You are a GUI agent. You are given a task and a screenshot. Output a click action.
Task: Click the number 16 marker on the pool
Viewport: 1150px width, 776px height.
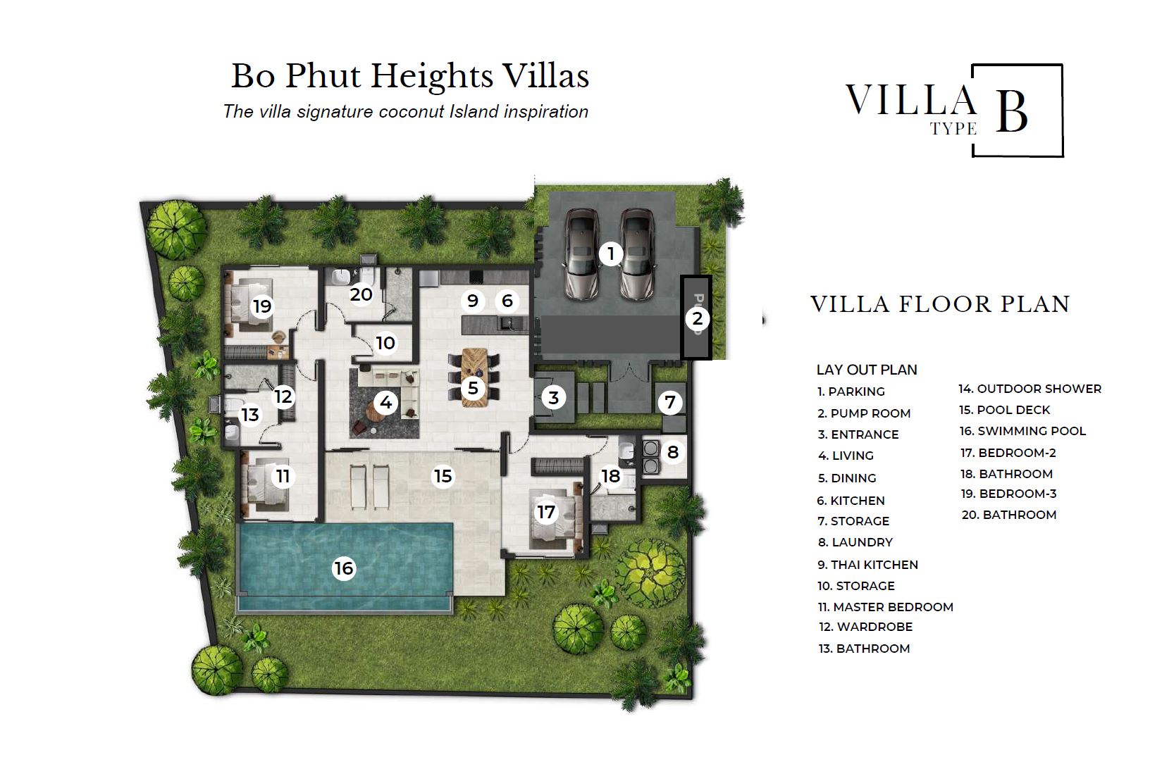click(x=343, y=568)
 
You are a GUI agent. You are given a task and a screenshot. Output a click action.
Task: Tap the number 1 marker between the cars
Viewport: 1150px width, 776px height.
click(x=611, y=254)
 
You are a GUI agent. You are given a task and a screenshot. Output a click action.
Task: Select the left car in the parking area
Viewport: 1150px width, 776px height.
click(x=582, y=254)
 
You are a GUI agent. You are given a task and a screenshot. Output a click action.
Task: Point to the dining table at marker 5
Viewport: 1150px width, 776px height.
click(x=474, y=377)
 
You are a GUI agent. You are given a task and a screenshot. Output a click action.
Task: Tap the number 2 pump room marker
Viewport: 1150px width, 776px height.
click(x=697, y=318)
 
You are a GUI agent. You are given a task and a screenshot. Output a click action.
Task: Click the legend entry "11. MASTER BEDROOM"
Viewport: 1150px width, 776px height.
click(x=885, y=607)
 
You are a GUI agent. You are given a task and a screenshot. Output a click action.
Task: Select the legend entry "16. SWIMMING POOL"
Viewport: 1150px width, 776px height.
click(x=1022, y=431)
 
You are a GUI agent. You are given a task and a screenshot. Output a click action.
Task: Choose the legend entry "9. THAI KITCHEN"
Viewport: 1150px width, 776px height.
click(x=867, y=565)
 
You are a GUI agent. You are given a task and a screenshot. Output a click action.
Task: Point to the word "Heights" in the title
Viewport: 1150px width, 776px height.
click(x=432, y=77)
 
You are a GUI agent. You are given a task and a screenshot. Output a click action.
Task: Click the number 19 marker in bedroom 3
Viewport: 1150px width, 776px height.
click(x=262, y=306)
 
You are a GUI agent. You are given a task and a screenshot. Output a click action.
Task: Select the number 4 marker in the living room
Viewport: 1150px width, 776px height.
click(x=385, y=403)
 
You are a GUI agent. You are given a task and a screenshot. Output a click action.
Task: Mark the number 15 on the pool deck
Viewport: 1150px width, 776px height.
click(x=443, y=476)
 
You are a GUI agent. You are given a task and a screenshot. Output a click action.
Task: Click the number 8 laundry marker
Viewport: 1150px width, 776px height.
click(x=672, y=452)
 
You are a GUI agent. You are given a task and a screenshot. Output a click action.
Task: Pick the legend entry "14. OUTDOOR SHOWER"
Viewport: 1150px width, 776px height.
click(x=1030, y=389)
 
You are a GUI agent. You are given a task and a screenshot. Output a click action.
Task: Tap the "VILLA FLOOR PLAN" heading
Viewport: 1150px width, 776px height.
click(x=941, y=304)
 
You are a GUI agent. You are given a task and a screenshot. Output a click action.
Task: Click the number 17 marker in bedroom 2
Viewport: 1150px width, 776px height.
click(x=545, y=511)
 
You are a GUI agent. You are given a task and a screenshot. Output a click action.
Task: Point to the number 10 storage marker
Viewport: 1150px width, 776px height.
click(x=385, y=343)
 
